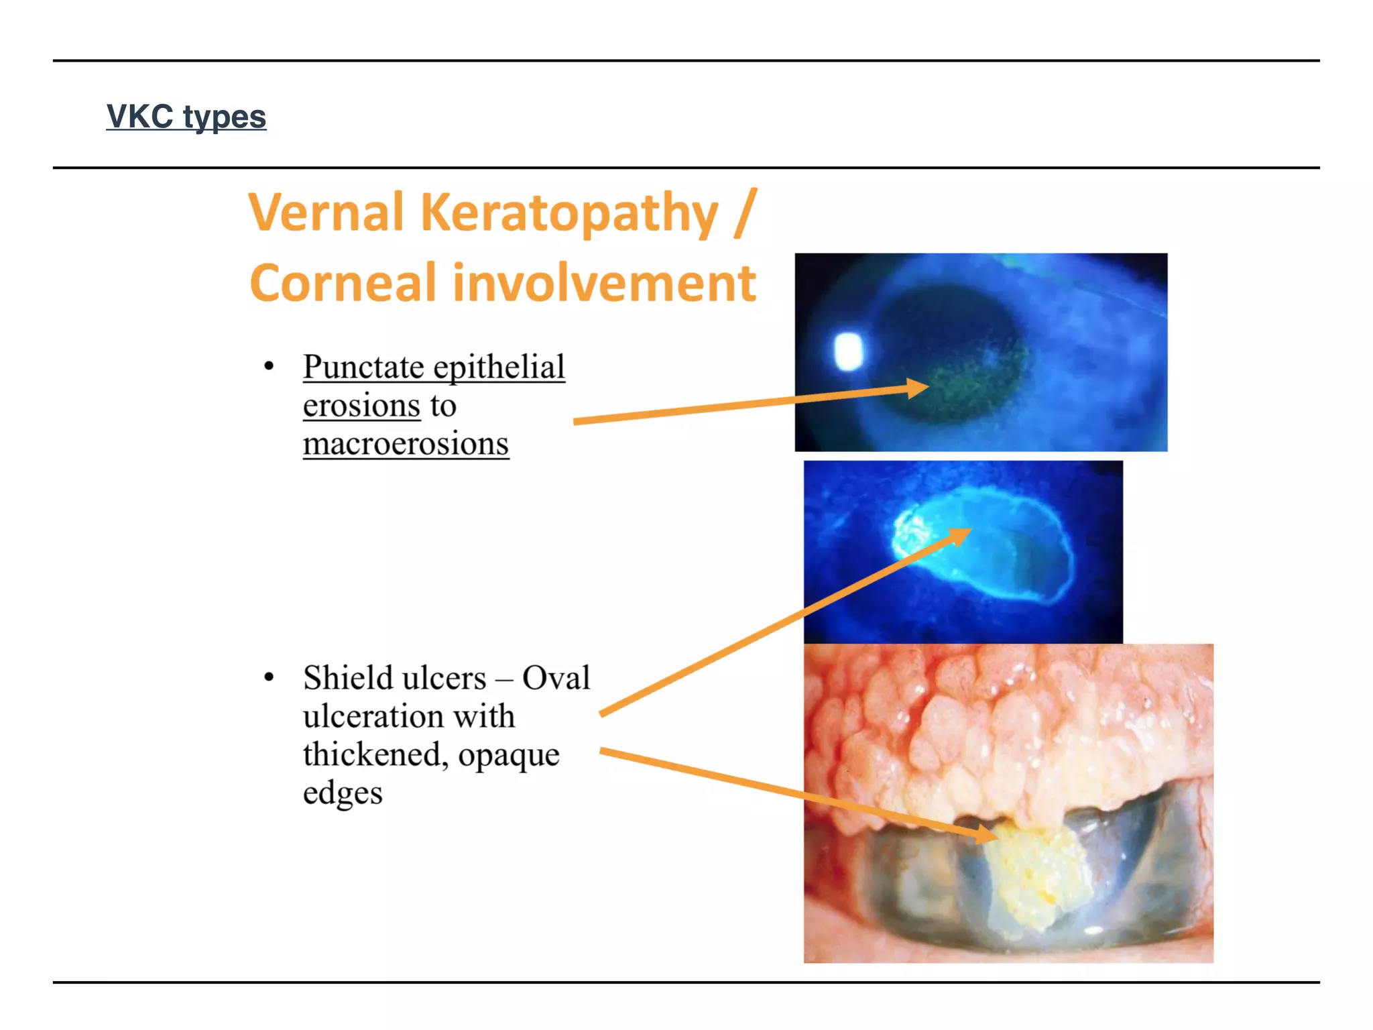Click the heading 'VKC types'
tap(186, 117)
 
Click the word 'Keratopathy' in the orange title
tap(569, 213)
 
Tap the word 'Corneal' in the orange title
tap(343, 283)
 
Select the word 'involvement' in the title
tap(604, 283)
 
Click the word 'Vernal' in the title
tap(326, 213)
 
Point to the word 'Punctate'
tap(363, 367)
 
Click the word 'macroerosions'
tap(406, 444)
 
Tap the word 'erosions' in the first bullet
tap(361, 406)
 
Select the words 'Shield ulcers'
tap(394, 678)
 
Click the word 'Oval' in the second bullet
tap(556, 678)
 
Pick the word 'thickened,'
tap(375, 754)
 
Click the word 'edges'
tap(343, 793)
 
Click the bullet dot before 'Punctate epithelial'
tap(269, 366)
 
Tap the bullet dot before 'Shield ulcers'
tap(269, 677)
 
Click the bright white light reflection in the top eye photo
tap(849, 351)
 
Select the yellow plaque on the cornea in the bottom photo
tap(1032, 872)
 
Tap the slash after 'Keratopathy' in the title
tap(745, 213)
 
